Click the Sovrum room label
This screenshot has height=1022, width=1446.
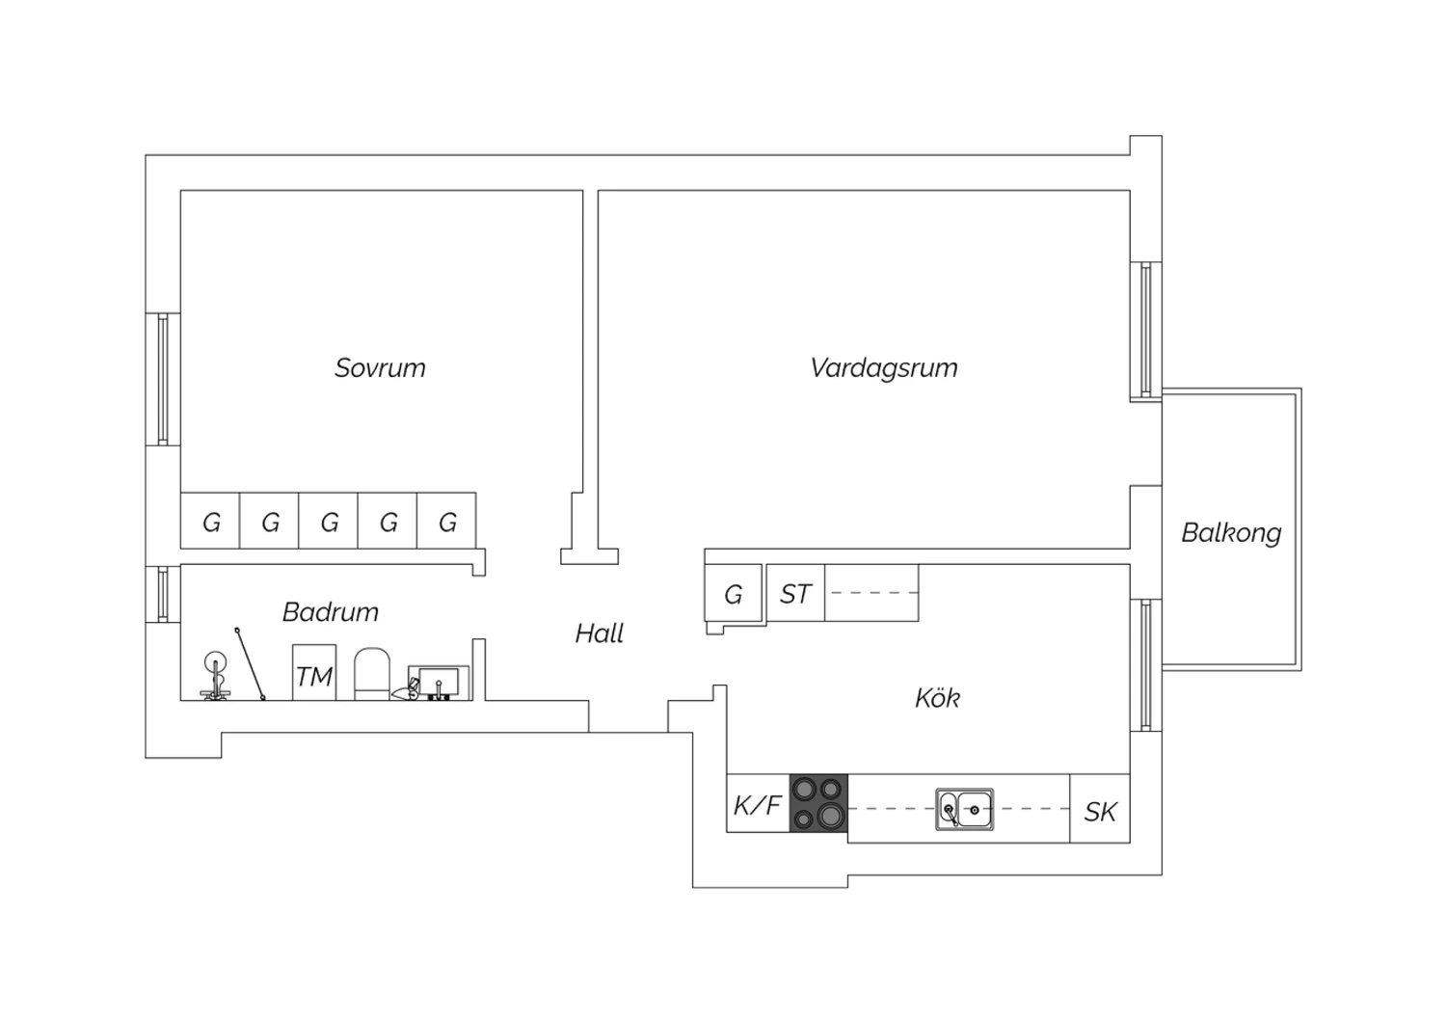(x=380, y=368)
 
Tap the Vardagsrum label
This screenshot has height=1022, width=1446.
(x=884, y=368)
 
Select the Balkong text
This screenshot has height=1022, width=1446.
(x=1231, y=533)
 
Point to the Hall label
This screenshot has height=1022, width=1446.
(x=599, y=633)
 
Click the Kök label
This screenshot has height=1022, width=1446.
(x=937, y=698)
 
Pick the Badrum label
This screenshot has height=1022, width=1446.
(x=331, y=612)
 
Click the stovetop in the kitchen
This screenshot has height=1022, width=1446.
(x=818, y=803)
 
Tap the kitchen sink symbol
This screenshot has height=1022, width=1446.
(x=964, y=809)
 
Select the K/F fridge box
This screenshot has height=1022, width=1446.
(x=759, y=803)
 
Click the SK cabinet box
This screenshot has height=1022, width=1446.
(x=1100, y=808)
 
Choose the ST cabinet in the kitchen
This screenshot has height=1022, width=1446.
(x=795, y=593)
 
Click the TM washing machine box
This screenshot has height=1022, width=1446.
(x=314, y=672)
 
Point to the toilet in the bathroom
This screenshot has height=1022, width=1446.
(x=372, y=674)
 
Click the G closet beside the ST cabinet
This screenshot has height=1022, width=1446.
(x=734, y=593)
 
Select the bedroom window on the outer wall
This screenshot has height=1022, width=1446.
(x=163, y=379)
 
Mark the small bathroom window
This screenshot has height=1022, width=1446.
(x=163, y=594)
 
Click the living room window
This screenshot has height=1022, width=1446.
(x=1146, y=330)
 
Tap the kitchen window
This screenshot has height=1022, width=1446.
(x=1146, y=665)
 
